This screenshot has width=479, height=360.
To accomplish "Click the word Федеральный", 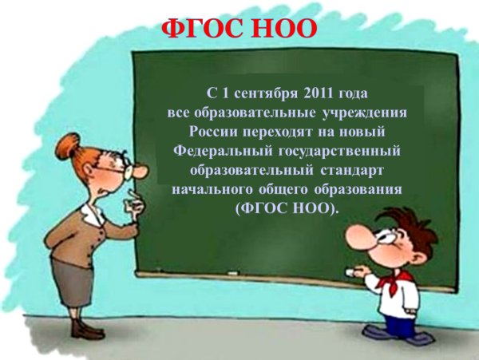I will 216,150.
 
